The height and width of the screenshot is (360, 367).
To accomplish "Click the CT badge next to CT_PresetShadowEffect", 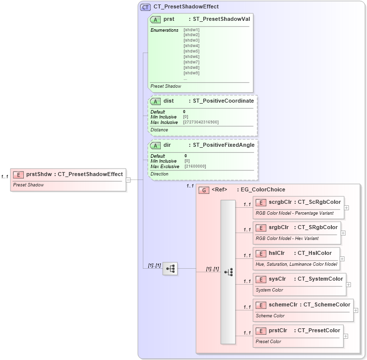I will [146, 7].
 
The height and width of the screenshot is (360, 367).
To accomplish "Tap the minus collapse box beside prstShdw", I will [128, 180].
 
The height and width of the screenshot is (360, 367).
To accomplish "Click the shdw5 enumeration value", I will [191, 51].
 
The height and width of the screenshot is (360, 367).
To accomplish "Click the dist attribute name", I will [169, 101].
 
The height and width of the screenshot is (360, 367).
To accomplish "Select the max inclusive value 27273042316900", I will [201, 122].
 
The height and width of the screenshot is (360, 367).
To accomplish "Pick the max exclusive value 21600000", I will [195, 166].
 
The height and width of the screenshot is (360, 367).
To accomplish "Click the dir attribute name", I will [167, 145].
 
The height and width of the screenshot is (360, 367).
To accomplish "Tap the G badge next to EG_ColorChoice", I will [203, 190].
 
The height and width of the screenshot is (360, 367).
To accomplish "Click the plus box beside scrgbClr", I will [346, 208].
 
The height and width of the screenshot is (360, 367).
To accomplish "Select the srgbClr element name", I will [279, 227].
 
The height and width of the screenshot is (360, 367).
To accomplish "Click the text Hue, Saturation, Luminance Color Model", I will [296, 264].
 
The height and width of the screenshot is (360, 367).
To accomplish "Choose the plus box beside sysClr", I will [349, 285].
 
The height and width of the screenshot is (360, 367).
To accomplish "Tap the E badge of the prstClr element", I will [260, 331].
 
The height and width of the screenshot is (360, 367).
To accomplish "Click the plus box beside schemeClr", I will [356, 310].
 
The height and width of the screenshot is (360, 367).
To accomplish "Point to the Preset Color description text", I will [268, 342].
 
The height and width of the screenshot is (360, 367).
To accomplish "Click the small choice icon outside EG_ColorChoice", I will [170, 269].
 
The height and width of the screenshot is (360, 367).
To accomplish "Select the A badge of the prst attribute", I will [156, 19].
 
